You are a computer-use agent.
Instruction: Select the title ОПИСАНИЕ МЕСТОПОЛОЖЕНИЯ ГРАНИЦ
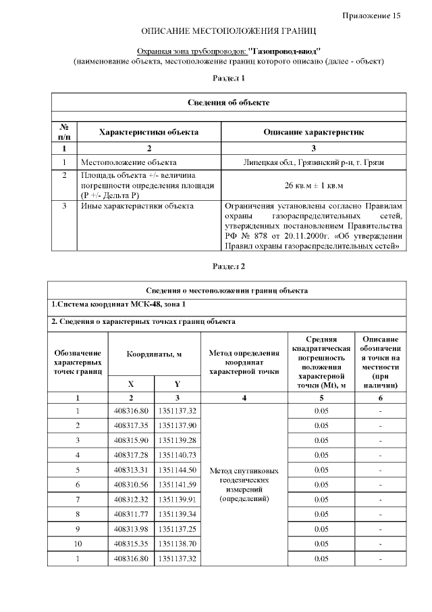tap(228, 32)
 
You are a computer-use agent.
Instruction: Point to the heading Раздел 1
tap(229, 78)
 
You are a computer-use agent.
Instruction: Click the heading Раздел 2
tap(229, 266)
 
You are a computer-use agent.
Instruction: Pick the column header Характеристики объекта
tap(148, 133)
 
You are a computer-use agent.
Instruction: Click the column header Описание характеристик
tap(314, 133)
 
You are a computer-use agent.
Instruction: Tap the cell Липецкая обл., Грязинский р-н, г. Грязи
tap(314, 162)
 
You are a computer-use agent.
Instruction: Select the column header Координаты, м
tap(154, 354)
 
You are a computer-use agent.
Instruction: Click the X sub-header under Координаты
tap(131, 383)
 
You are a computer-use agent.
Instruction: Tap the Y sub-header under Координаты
tap(177, 383)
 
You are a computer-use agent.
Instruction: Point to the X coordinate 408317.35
tap(131, 425)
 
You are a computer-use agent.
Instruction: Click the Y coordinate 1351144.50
tap(177, 470)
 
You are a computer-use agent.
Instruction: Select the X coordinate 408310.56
tap(131, 485)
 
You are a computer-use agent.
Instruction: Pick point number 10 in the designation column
tap(78, 544)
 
